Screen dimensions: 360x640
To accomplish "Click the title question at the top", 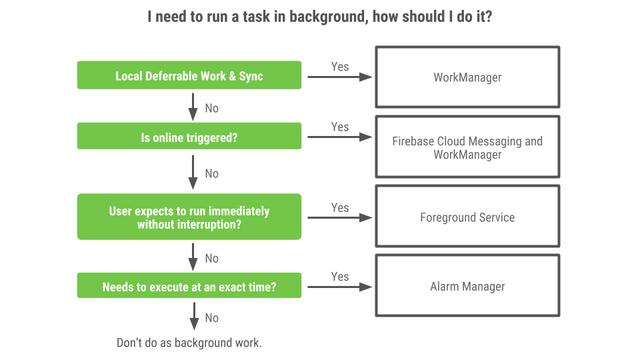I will click(x=319, y=17).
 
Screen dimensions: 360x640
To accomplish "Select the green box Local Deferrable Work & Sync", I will click(x=189, y=75).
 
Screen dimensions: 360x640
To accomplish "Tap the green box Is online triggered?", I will click(x=189, y=137).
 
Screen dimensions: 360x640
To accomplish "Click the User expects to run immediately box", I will click(x=189, y=217).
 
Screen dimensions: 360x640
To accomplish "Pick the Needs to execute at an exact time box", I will click(x=189, y=287).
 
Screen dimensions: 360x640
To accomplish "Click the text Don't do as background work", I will click(x=189, y=343).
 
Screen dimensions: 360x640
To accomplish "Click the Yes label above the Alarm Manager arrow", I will click(x=340, y=276).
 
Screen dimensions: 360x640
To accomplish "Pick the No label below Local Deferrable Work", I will click(x=212, y=108).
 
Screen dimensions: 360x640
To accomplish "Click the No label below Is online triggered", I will click(x=212, y=174).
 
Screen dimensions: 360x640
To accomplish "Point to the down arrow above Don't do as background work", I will click(x=193, y=317).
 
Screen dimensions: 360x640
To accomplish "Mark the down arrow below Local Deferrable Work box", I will click(x=193, y=106).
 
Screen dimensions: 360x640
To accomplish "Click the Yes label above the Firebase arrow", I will click(x=340, y=127).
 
